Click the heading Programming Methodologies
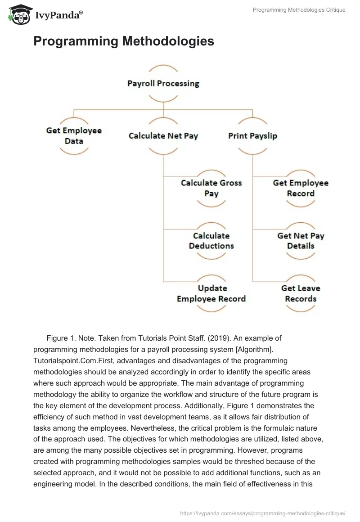point(123,41)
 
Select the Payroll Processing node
point(163,83)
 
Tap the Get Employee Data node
point(74,135)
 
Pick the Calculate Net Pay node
point(163,135)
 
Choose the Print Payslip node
point(252,135)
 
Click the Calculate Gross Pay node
point(211,188)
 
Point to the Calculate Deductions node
point(211,241)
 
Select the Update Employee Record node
point(211,293)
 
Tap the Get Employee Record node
point(301,188)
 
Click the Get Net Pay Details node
point(301,241)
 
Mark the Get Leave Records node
point(301,293)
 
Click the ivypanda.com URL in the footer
point(262,513)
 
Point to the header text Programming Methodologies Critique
point(299,10)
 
